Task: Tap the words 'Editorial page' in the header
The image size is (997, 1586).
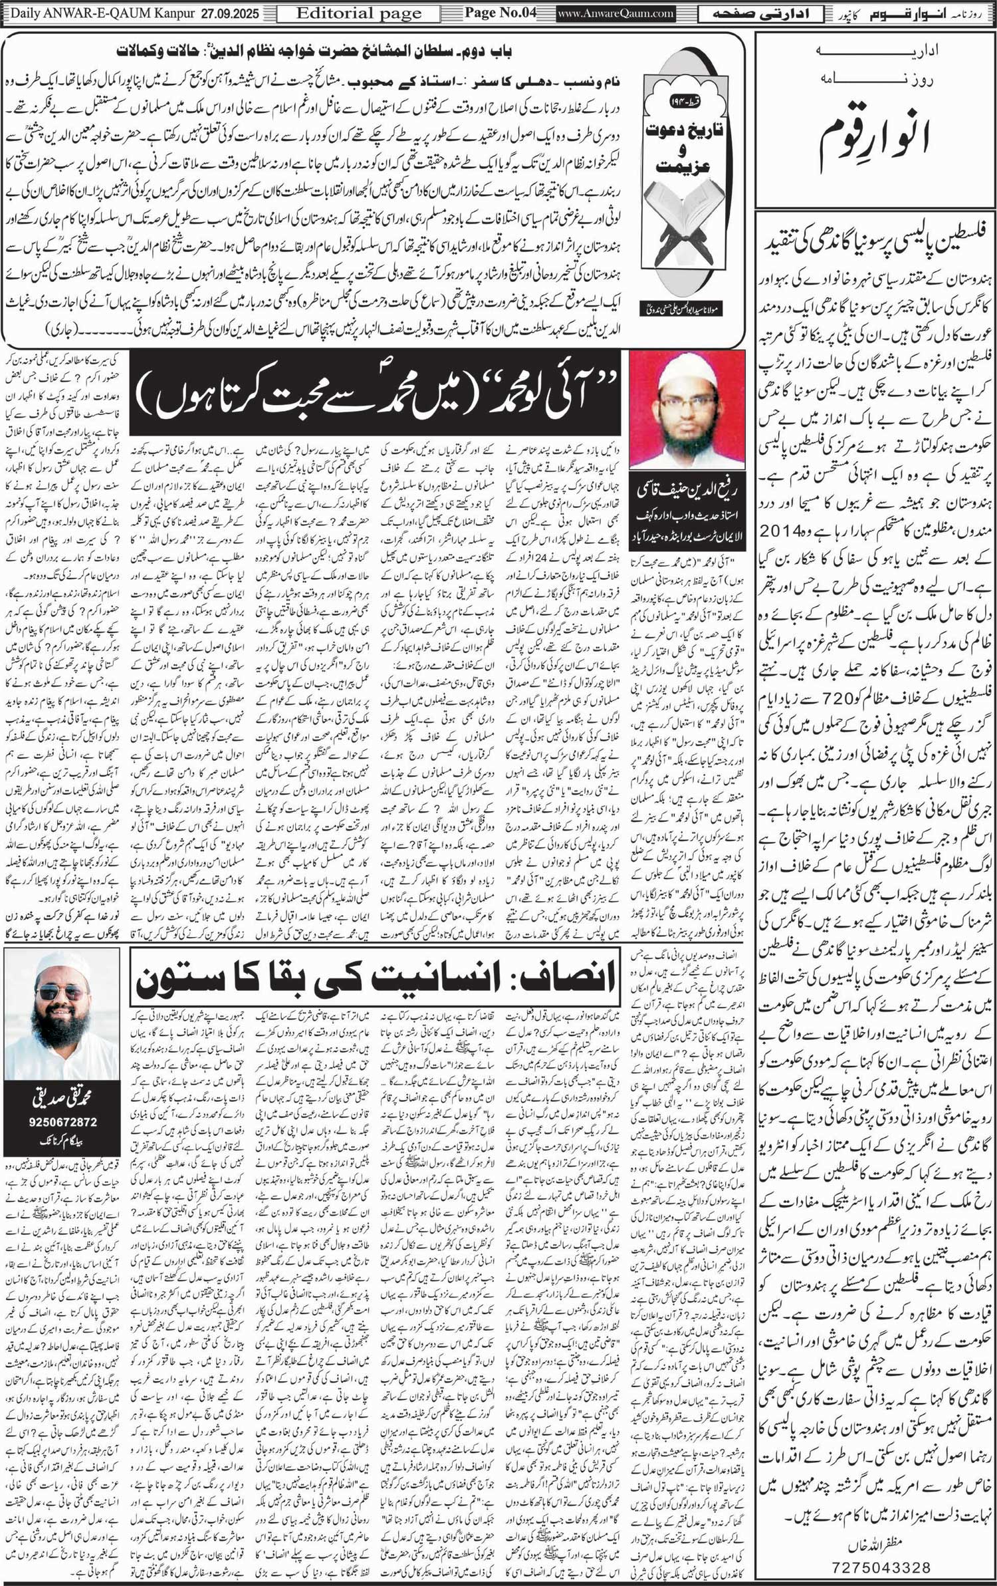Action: (359, 13)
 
